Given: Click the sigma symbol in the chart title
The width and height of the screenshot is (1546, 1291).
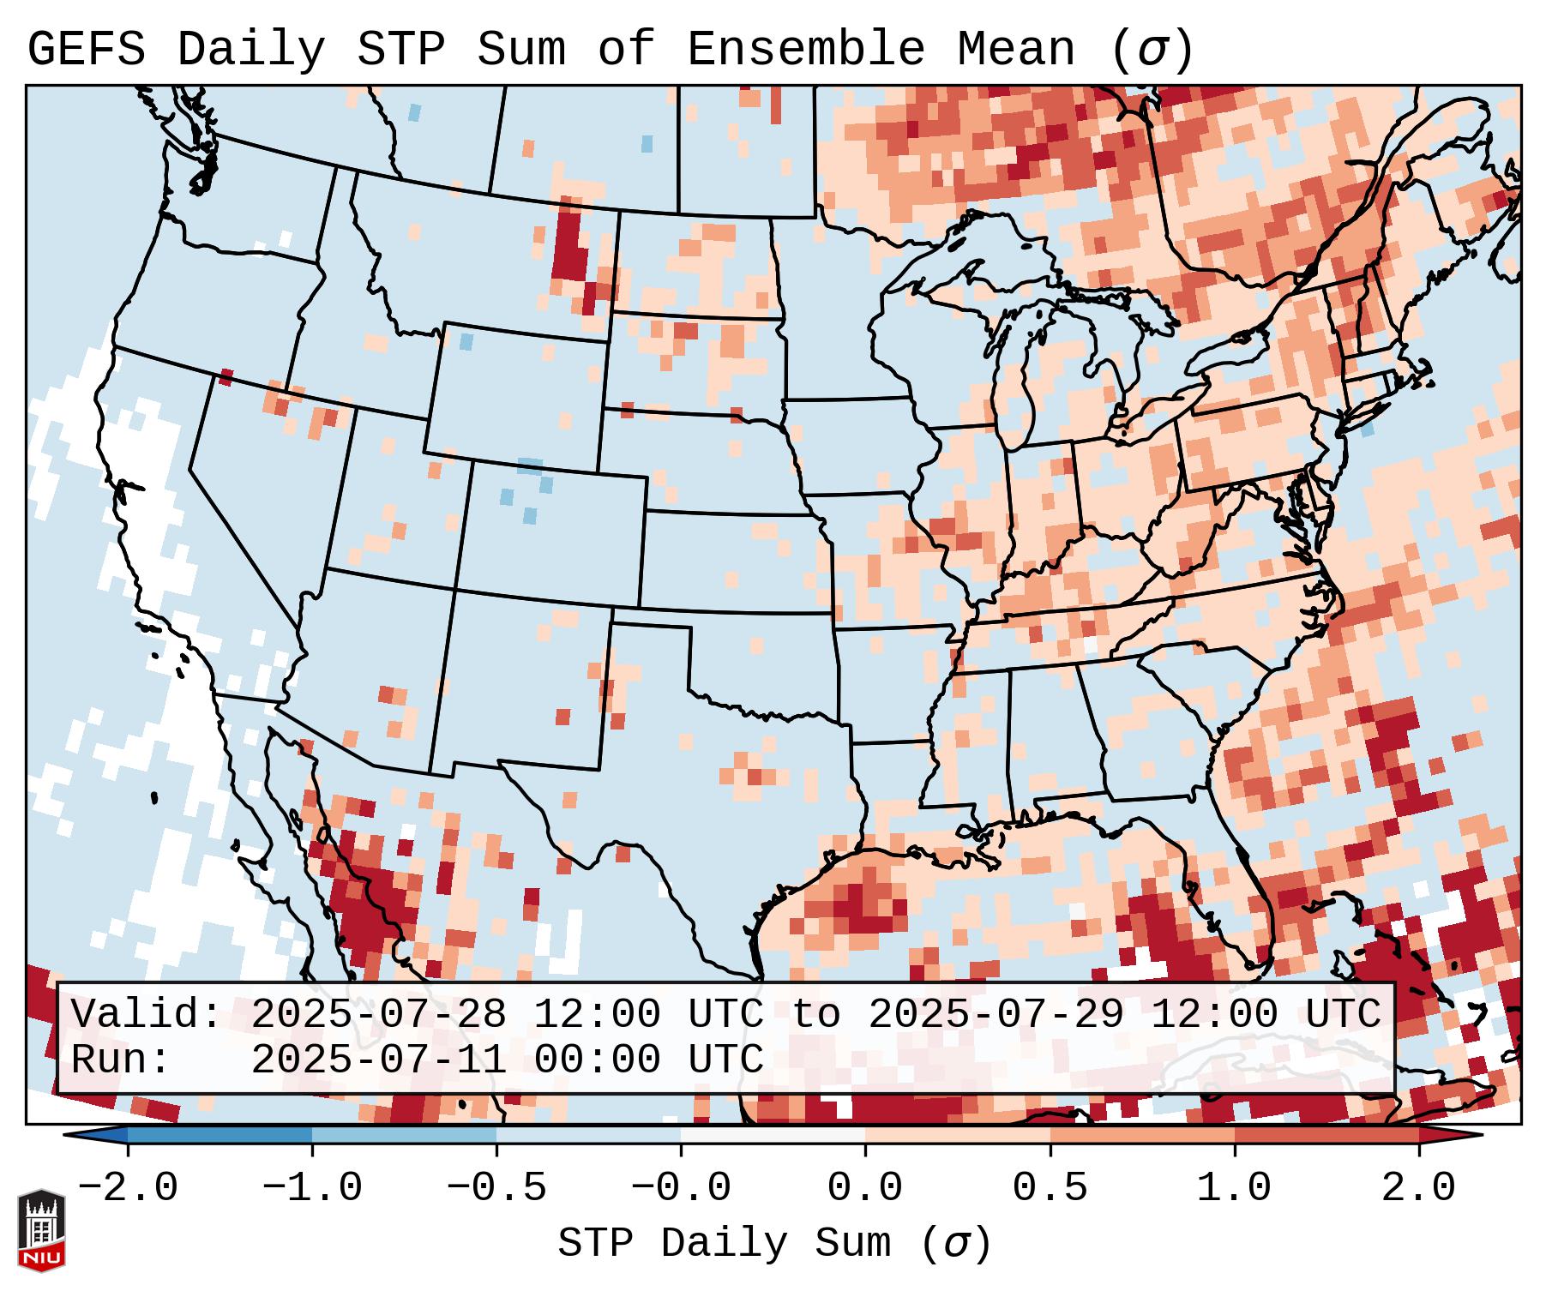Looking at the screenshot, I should [1152, 50].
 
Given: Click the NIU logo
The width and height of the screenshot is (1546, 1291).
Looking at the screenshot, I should [41, 1230].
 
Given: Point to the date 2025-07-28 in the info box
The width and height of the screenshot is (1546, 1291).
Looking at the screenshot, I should [378, 1015].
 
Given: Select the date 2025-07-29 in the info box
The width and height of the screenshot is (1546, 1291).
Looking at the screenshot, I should [996, 1015].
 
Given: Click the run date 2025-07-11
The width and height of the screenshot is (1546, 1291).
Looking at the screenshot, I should [378, 1060].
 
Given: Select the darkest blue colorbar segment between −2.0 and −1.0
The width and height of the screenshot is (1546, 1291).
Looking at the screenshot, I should [220, 1135].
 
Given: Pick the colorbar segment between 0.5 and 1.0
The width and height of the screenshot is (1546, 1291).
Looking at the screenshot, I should [1141, 1135].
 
